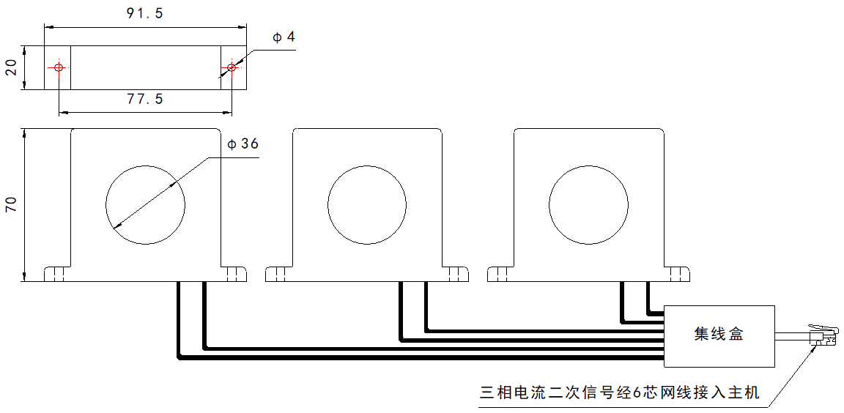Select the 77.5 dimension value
coord(144,100)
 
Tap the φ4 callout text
coord(283,37)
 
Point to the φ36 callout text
coord(243,144)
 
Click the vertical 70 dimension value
coord(10,204)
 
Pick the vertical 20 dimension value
coord(10,68)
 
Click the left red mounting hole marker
coord(58,68)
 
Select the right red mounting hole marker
coord(231,68)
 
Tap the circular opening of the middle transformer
coord(367,205)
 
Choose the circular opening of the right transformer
coord(588,205)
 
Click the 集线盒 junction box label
coord(719,335)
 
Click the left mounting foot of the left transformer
coord(57,274)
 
